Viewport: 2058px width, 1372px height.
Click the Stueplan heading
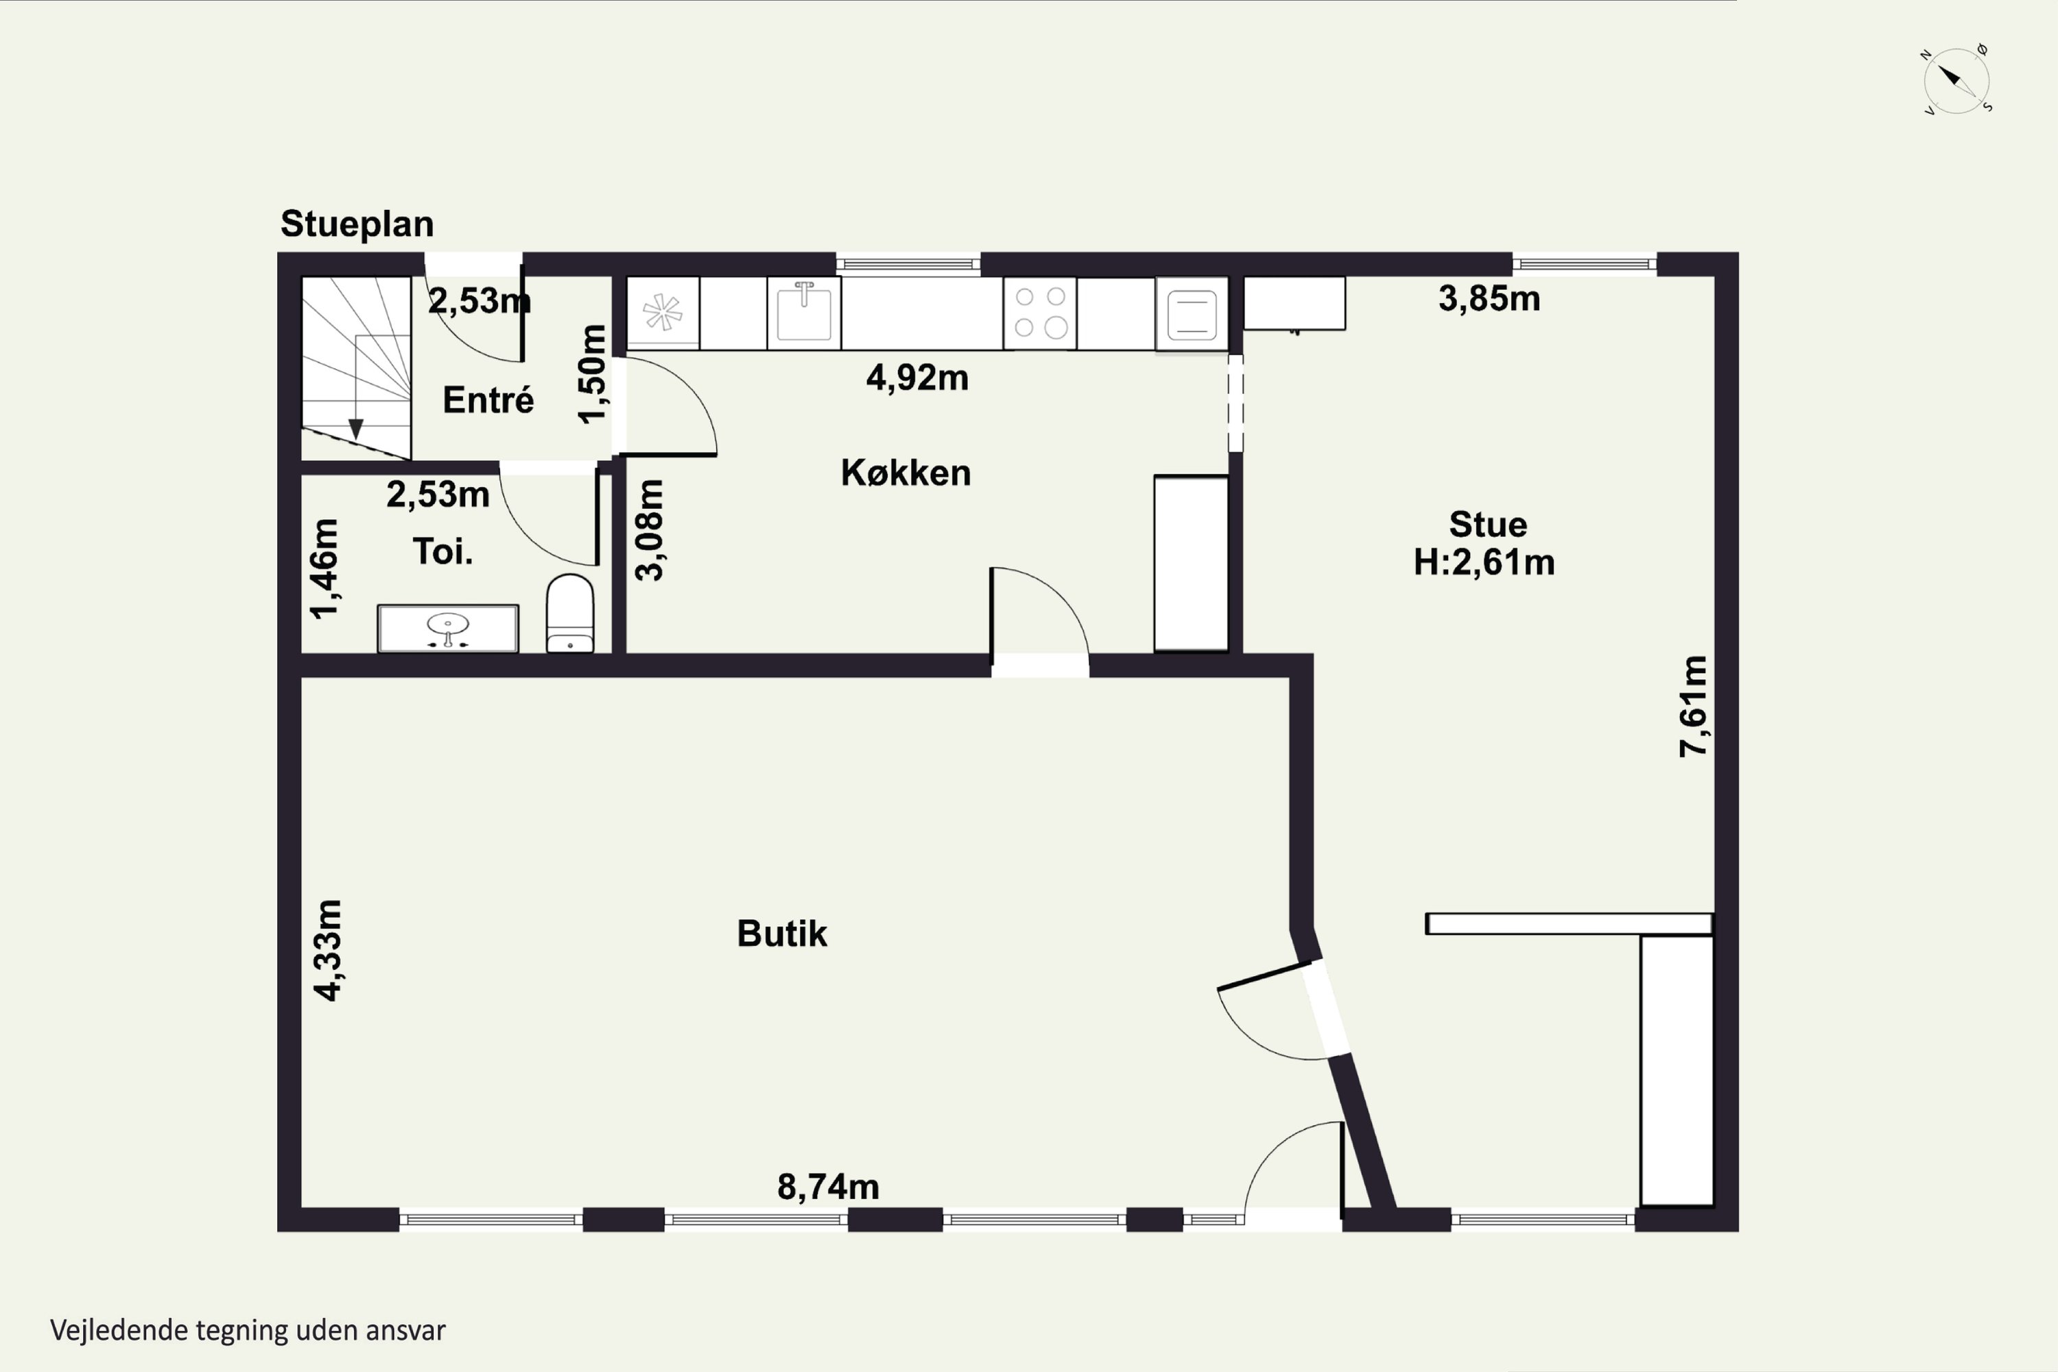357,225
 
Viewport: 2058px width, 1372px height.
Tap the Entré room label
488,400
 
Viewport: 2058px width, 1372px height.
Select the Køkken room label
906,473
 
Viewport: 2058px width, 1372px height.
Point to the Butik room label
781,934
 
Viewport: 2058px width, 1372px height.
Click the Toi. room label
442,552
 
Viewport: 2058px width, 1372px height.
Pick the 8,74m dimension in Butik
828,1187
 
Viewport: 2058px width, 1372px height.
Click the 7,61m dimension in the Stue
1693,706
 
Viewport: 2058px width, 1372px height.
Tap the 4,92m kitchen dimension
917,377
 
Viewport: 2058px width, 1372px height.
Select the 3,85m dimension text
1489,298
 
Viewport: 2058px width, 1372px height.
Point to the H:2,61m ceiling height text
1484,562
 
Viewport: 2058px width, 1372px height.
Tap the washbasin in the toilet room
448,628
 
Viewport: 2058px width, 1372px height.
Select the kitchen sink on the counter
804,312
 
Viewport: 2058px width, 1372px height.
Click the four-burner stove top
1039,312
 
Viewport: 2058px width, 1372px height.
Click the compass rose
1956,80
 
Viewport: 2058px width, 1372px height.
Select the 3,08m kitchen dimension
649,530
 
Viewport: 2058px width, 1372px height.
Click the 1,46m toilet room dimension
324,569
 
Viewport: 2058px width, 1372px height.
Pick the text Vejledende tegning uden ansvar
248,1331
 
